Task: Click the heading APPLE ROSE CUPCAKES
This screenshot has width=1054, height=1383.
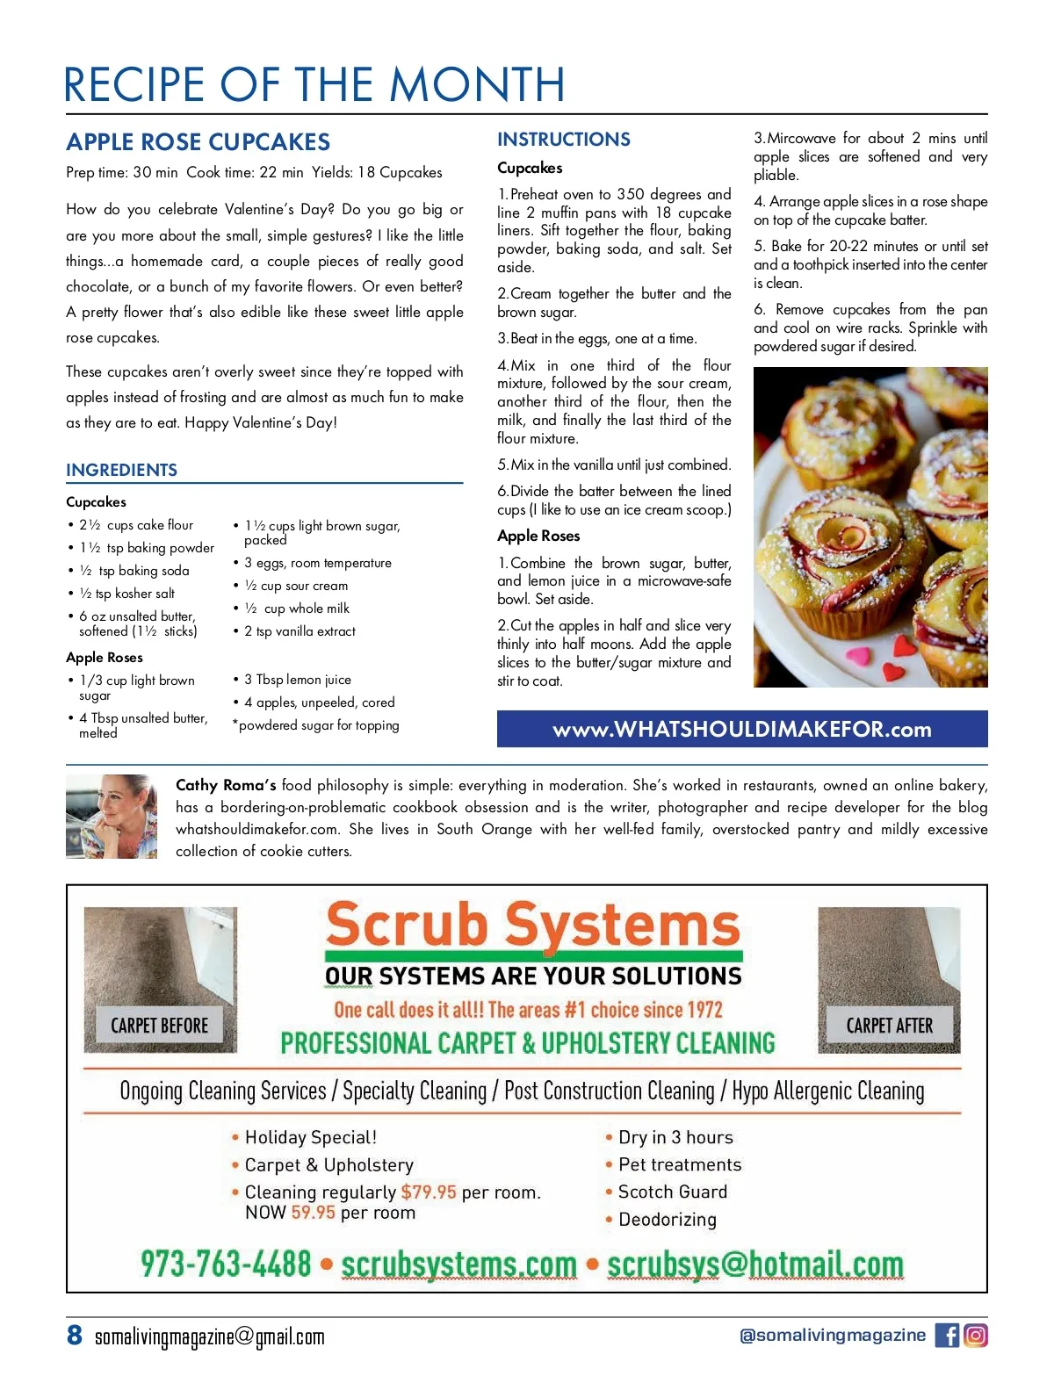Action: pos(199,142)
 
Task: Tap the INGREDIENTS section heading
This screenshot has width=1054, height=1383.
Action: pos(121,470)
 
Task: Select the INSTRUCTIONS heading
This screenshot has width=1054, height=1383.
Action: pos(564,140)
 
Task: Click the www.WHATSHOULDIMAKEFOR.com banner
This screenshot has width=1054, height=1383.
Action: pos(742,729)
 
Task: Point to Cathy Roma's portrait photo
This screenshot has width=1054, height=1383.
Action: pos(112,816)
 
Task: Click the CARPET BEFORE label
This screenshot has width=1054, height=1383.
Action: pos(159,1026)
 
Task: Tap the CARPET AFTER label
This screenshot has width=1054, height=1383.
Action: pos(889,1026)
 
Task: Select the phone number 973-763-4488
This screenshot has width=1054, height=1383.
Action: pos(226,1264)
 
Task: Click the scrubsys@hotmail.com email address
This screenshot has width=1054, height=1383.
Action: pos(755,1264)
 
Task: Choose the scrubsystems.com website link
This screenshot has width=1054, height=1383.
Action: pos(458,1264)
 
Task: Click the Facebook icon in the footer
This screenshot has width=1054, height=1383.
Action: pos(947,1336)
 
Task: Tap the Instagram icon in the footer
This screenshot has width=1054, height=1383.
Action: pos(976,1336)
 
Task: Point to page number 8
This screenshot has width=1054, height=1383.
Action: pos(75,1335)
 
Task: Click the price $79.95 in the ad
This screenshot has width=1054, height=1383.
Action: pos(429,1192)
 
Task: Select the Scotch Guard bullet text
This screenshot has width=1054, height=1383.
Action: pos(673,1192)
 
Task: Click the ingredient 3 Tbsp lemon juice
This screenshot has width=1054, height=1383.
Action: pos(298,680)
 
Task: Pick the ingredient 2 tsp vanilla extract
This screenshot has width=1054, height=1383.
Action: pos(300,631)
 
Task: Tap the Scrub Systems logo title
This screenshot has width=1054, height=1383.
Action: pos(532,926)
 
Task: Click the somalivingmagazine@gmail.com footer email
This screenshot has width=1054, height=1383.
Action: pos(209,1336)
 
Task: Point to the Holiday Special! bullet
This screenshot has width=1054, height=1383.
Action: pos(311,1137)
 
